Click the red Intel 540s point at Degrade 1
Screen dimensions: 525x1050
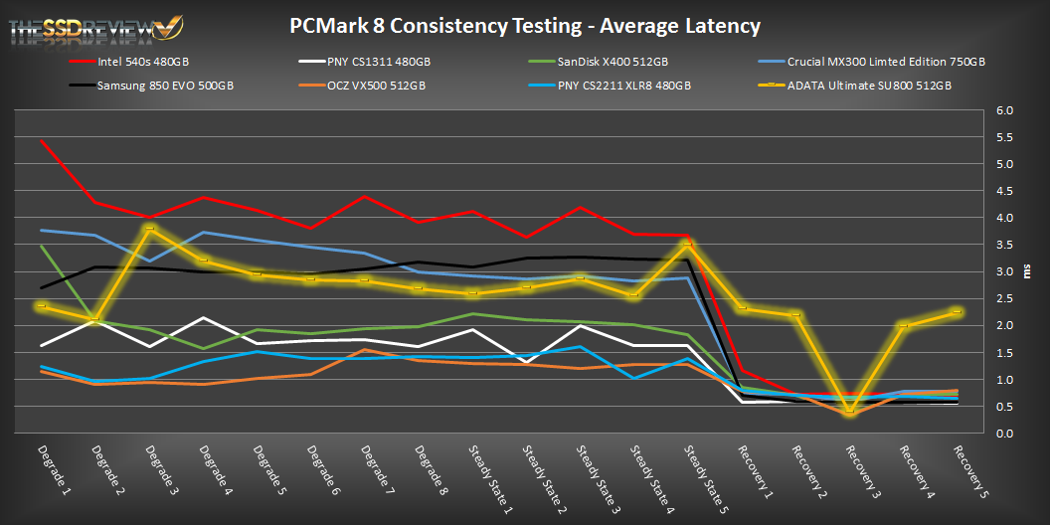click(40, 140)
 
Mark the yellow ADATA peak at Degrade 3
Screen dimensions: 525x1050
click(149, 229)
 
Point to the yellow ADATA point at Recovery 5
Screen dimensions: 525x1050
click(957, 312)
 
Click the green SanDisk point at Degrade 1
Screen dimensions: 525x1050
click(40, 246)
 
